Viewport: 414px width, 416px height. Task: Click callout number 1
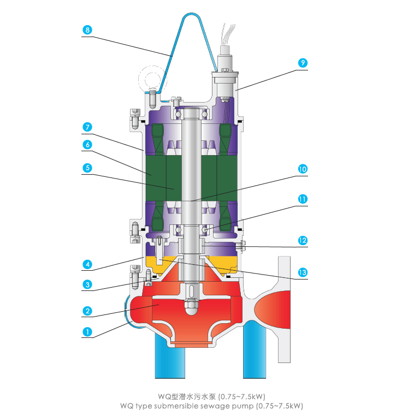[86, 331]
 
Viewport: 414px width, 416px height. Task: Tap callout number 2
[86, 311]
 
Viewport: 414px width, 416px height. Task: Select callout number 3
[86, 284]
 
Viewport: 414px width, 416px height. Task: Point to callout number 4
[86, 265]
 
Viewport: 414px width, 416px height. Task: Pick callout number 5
[86, 169]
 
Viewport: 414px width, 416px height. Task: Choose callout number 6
[86, 145]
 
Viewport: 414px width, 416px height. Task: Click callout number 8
[86, 31]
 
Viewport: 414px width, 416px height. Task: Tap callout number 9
[302, 63]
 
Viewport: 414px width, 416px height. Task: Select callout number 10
[302, 169]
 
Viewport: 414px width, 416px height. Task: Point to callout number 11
[302, 199]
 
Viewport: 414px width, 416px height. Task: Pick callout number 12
[302, 240]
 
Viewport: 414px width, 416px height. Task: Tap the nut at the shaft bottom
[192, 310]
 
